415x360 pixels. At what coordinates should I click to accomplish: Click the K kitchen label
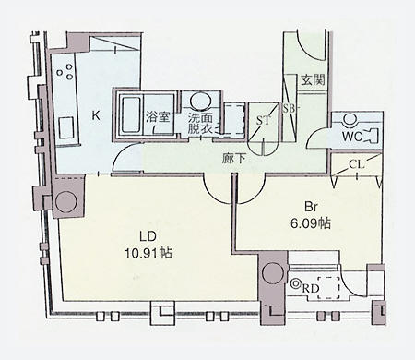click(96, 116)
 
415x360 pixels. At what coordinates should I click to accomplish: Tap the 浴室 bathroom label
click(158, 117)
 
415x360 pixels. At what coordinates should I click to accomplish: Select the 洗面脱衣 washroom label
click(200, 124)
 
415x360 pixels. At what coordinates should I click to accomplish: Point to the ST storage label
click(264, 120)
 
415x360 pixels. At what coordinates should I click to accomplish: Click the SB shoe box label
click(289, 109)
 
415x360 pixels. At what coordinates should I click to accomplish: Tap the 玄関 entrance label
click(313, 80)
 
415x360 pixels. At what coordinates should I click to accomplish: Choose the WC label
click(352, 137)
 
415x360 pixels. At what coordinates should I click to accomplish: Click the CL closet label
click(357, 164)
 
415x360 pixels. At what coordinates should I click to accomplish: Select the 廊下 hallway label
click(234, 159)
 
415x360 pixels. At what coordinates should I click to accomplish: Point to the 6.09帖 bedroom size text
click(311, 223)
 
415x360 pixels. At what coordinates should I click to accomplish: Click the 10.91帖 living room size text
click(148, 253)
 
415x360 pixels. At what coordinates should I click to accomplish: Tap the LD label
click(148, 236)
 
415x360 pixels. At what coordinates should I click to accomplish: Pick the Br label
click(311, 207)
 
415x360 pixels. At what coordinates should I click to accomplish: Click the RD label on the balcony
click(310, 289)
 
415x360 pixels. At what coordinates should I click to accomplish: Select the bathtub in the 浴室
click(130, 114)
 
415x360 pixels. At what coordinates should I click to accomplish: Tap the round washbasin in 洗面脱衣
click(200, 101)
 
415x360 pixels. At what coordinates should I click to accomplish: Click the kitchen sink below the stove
click(65, 127)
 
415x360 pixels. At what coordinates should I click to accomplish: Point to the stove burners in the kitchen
click(65, 71)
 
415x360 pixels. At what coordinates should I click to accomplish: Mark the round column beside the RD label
click(273, 273)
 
